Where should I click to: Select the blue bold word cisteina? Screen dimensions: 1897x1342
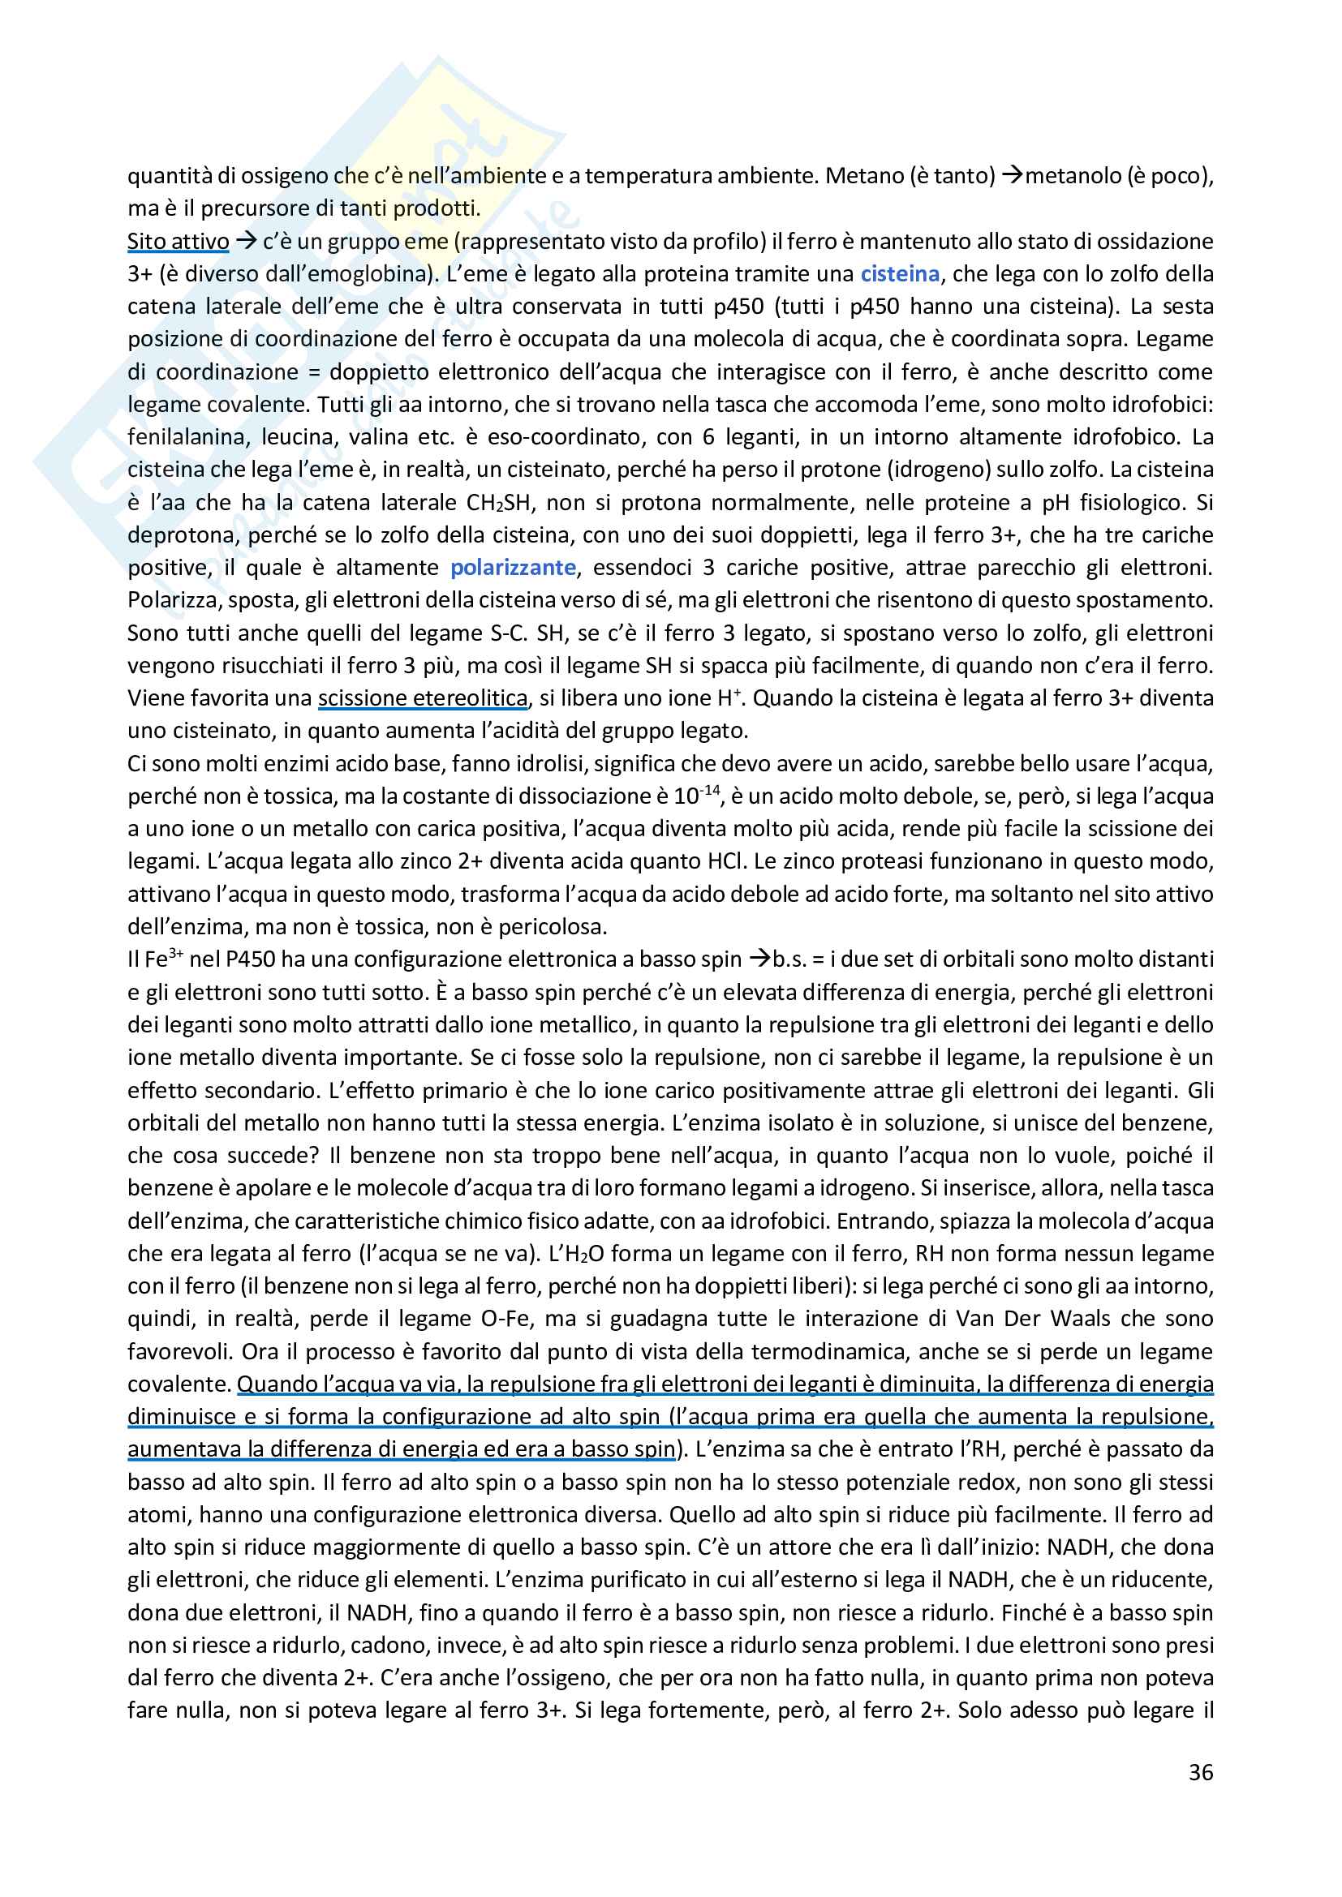(900, 273)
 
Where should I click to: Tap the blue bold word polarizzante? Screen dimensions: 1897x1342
(512, 568)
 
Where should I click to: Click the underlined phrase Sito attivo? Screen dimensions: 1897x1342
(178, 241)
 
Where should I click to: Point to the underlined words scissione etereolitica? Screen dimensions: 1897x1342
(422, 698)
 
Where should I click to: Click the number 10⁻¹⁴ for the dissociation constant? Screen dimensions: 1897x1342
(697, 795)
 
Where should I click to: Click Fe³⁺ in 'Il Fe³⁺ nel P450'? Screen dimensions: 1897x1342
(164, 959)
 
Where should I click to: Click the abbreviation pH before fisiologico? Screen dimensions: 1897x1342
(1056, 502)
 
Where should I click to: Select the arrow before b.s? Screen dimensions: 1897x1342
(759, 959)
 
